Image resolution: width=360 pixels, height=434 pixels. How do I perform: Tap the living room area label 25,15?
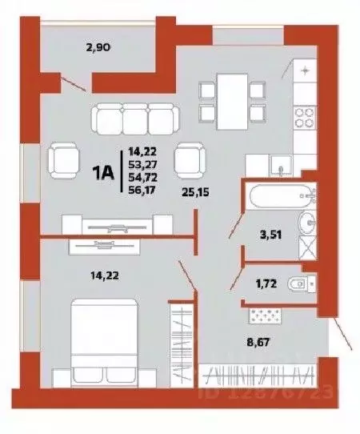(x=196, y=192)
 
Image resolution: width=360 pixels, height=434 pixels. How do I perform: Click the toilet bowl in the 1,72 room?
(x=302, y=282)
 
